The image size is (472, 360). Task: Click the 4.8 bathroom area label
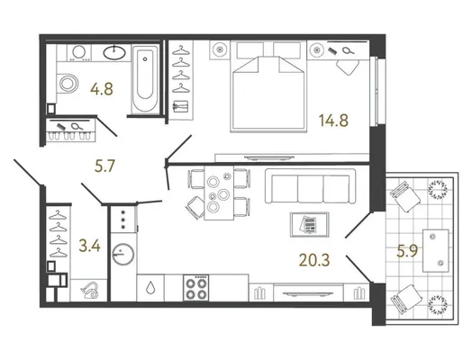pyautogui.click(x=102, y=89)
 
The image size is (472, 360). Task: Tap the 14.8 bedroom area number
pyautogui.click(x=333, y=121)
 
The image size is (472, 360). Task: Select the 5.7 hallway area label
pyautogui.click(x=104, y=166)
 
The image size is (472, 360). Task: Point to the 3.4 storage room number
pyautogui.click(x=89, y=246)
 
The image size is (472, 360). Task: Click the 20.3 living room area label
pyautogui.click(x=314, y=260)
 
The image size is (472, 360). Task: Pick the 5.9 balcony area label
pyautogui.click(x=407, y=251)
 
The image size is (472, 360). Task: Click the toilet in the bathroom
pyautogui.click(x=68, y=83)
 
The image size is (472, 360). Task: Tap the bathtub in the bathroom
pyautogui.click(x=145, y=79)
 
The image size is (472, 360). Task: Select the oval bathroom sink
pyautogui.click(x=114, y=52)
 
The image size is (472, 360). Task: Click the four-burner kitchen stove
pyautogui.click(x=196, y=287)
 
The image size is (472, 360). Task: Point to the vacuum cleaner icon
pyautogui.click(x=90, y=290)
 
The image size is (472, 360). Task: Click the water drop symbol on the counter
pyautogui.click(x=150, y=288)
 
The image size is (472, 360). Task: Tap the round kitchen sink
pyautogui.click(x=123, y=254)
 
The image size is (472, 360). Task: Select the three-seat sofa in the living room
pyautogui.click(x=311, y=186)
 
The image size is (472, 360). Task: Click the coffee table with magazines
pyautogui.click(x=310, y=225)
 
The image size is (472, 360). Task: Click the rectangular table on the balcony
pyautogui.click(x=436, y=250)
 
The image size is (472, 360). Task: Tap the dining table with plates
pyautogui.click(x=219, y=193)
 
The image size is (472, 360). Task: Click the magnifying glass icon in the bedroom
pyautogui.click(x=349, y=50)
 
